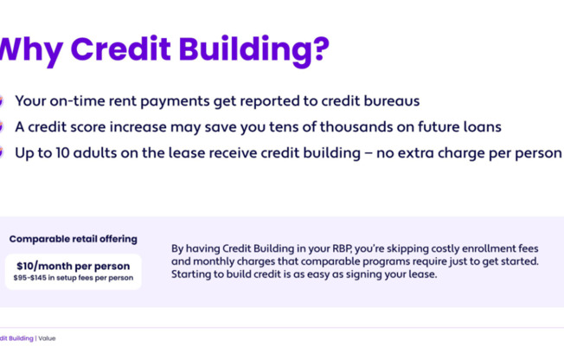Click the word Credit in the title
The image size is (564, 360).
coord(120,48)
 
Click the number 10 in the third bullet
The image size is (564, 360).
coord(61,153)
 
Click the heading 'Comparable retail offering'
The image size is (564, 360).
coord(74,239)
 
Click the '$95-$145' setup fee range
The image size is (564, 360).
coord(30,278)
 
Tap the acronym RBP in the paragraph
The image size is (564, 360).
coord(342,248)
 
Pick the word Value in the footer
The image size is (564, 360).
coord(47,338)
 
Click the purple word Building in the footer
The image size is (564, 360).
coord(21,338)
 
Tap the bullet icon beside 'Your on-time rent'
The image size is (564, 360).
coord(1,101)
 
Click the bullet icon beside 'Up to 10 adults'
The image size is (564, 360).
coord(1,152)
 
